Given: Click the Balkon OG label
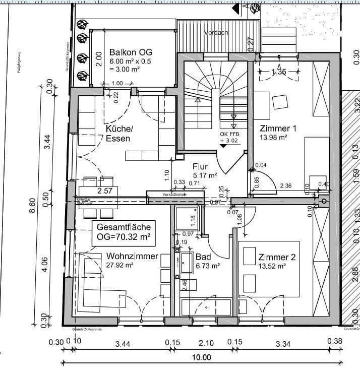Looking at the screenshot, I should click(x=131, y=52).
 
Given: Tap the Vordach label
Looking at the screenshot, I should click(x=216, y=33).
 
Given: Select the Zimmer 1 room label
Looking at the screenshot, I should click(x=278, y=128).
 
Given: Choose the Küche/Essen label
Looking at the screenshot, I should click(x=119, y=134).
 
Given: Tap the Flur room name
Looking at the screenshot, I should click(x=200, y=166).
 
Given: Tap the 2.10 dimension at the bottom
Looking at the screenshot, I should click(x=206, y=343).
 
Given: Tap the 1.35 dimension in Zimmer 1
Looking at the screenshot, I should click(x=279, y=72).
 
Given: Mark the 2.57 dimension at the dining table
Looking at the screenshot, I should click(x=104, y=191).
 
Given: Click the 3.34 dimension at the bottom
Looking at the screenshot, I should click(x=284, y=343).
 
